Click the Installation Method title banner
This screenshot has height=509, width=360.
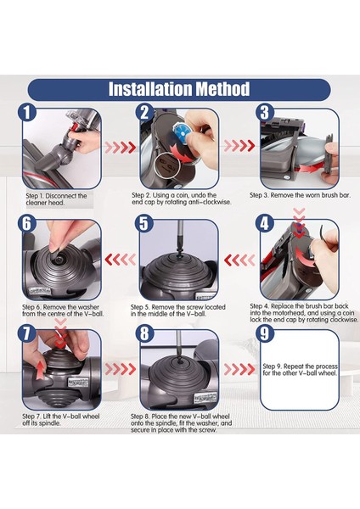point(179,89)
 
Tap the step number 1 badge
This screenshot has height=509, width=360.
point(27,113)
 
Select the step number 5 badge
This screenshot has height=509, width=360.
point(144,224)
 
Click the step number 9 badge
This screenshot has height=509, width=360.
point(265,333)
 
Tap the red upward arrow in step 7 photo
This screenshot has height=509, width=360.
point(39,369)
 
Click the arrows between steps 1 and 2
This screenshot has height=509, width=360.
point(121,148)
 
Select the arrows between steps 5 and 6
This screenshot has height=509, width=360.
point(121,260)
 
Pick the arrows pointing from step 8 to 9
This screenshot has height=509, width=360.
point(239,369)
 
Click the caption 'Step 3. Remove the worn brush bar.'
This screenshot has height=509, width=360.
point(300,195)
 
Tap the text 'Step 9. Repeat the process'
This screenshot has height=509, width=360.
point(300,366)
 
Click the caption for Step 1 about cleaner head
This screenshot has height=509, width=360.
point(56,199)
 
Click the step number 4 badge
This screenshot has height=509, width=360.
point(265,224)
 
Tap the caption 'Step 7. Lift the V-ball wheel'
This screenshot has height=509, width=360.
point(61,417)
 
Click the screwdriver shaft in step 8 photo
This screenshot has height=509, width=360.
point(178,344)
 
